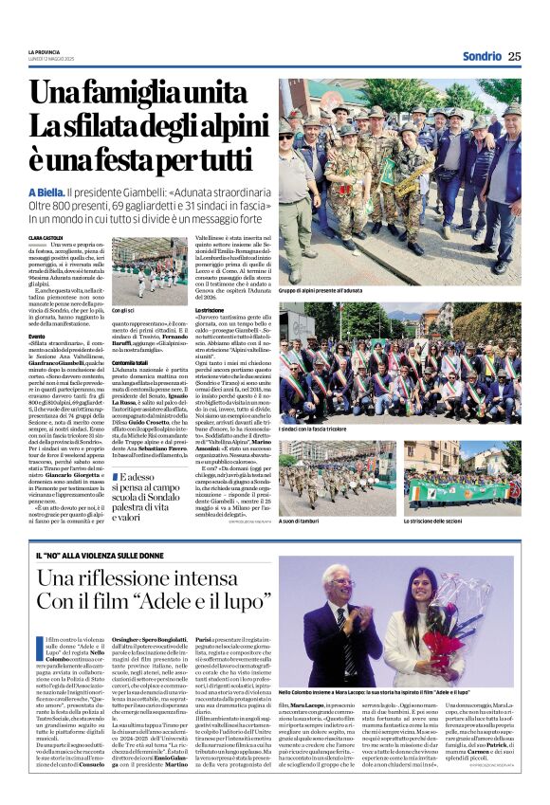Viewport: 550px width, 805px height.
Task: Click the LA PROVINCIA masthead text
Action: (x=44, y=50)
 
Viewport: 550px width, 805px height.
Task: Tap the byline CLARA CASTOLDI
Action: (x=46, y=238)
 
